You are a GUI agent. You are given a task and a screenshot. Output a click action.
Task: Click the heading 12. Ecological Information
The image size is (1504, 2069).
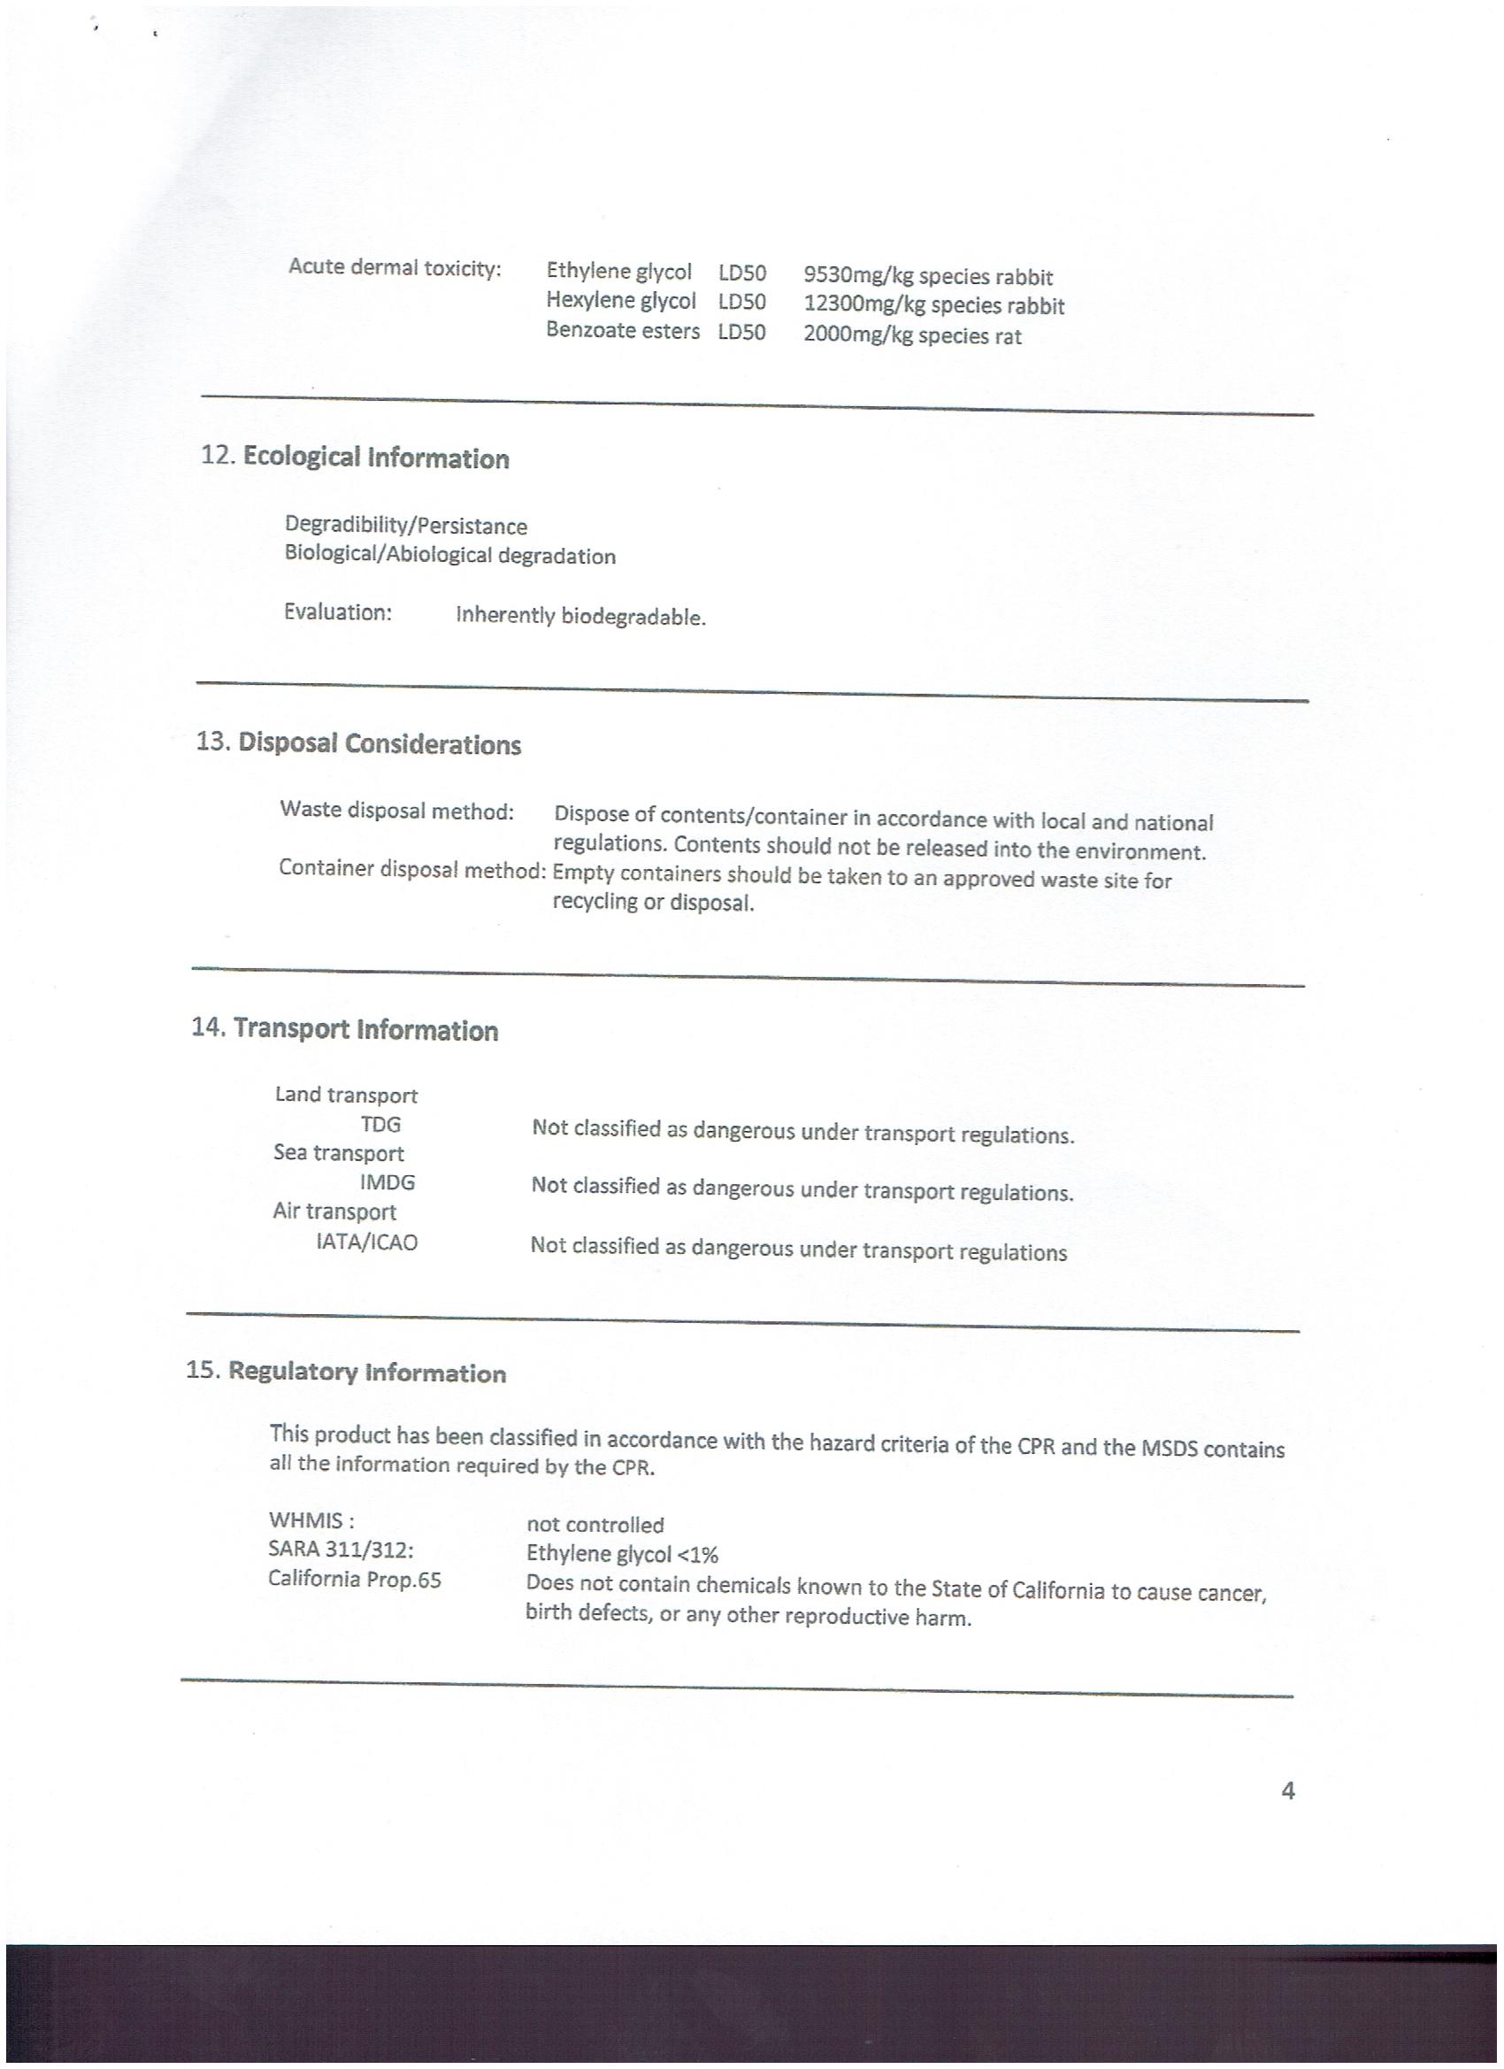pyautogui.click(x=355, y=457)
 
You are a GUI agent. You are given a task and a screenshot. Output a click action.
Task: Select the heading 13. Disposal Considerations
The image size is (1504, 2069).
pyautogui.click(x=358, y=743)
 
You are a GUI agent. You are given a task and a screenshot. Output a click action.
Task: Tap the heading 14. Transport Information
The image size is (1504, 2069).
pyautogui.click(x=345, y=1029)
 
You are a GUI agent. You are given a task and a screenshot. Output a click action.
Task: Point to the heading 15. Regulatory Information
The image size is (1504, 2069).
pyautogui.click(x=346, y=1372)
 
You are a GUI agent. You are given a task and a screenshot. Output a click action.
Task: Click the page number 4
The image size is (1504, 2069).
pyautogui.click(x=1288, y=1791)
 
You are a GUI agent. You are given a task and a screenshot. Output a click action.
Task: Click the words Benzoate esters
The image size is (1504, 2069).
pyautogui.click(x=623, y=330)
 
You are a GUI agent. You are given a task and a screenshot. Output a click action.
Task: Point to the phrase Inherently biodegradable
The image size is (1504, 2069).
pyautogui.click(x=581, y=617)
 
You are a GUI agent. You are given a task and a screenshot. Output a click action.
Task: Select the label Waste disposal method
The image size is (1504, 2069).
pyautogui.click(x=396, y=810)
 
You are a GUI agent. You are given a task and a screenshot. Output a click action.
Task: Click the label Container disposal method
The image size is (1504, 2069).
pyautogui.click(x=412, y=868)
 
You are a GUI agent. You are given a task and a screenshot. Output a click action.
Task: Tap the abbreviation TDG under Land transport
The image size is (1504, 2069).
pyautogui.click(x=380, y=1125)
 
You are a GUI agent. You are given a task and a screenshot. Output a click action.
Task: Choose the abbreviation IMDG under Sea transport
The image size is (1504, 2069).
pyautogui.click(x=387, y=1182)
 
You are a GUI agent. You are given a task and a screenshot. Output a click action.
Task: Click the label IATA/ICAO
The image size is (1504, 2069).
pyautogui.click(x=366, y=1242)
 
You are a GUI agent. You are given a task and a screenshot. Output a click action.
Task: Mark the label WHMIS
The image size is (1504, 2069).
pyautogui.click(x=311, y=1520)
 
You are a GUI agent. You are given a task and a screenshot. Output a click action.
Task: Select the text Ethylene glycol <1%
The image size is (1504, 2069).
pyautogui.click(x=622, y=1554)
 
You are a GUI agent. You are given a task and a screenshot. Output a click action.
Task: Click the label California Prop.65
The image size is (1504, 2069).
pyautogui.click(x=354, y=1579)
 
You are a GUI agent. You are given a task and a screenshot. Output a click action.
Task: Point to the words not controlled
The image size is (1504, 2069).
pyautogui.click(x=595, y=1525)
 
